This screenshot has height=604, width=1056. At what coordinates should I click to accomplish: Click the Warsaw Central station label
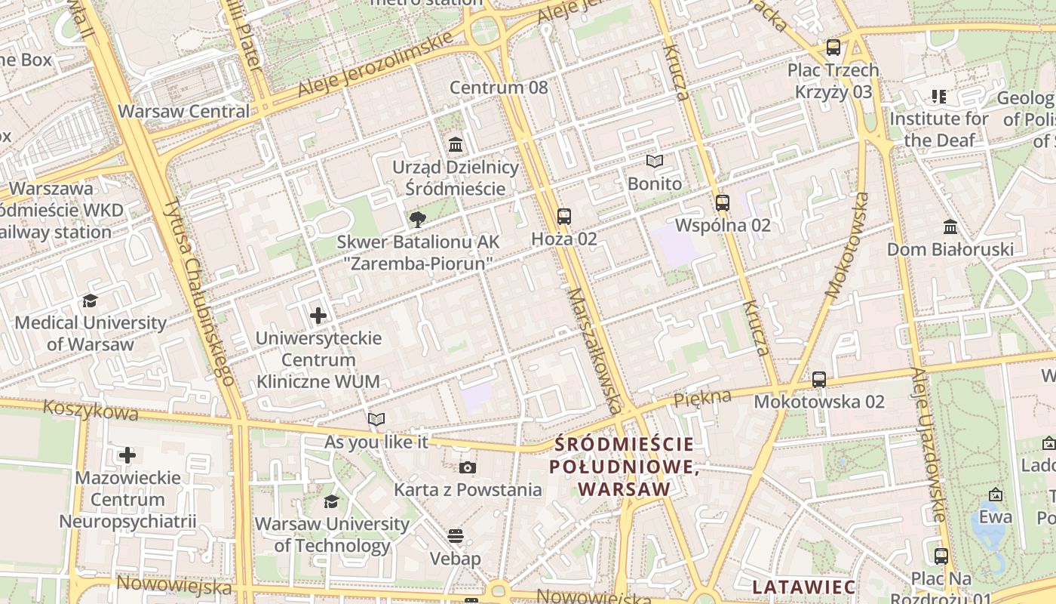click(183, 111)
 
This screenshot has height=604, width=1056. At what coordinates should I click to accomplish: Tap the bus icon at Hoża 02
click(564, 217)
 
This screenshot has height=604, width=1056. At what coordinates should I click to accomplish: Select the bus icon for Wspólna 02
click(723, 202)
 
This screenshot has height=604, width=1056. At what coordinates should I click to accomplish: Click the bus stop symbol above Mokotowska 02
click(819, 379)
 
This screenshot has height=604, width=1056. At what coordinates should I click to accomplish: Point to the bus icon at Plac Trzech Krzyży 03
click(833, 48)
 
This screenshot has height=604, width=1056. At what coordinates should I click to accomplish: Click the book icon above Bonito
click(655, 161)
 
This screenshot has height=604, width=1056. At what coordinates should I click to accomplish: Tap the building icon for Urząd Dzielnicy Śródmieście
click(456, 144)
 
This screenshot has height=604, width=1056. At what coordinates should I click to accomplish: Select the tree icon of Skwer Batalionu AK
click(416, 220)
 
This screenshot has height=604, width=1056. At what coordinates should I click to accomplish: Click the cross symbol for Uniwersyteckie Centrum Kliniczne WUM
click(318, 315)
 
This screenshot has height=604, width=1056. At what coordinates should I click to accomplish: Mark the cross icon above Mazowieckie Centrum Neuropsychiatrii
click(127, 455)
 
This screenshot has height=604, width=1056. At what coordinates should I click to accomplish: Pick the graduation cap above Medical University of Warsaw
click(91, 300)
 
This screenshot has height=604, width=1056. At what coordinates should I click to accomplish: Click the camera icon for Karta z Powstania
click(468, 467)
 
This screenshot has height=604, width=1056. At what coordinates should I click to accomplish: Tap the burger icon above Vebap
click(455, 536)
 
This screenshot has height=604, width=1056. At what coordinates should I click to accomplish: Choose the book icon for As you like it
click(376, 419)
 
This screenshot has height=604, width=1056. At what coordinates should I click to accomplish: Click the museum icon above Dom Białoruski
click(950, 226)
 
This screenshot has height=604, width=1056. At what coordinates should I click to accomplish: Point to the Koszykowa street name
click(91, 410)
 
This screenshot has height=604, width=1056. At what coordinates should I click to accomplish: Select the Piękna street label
click(702, 397)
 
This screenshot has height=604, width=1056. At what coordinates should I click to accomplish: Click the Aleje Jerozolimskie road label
click(375, 65)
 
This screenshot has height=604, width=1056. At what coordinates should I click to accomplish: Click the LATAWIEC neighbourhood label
click(804, 587)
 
